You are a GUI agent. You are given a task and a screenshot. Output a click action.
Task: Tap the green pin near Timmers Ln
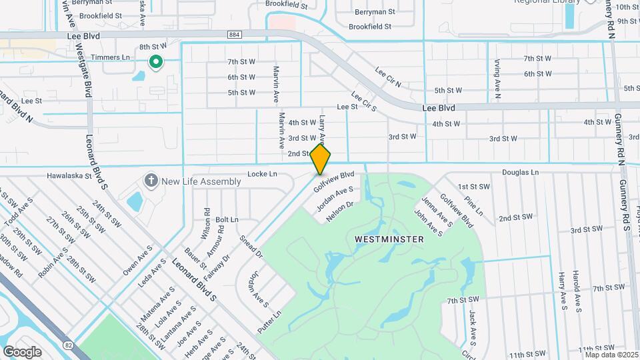click(155, 63)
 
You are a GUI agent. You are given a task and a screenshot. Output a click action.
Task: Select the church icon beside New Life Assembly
click(151, 181)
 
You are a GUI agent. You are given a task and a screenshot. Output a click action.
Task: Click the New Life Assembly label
click(201, 181)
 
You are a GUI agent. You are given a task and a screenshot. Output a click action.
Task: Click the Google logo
click(23, 351)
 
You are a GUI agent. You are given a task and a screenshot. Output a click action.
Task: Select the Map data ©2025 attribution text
click(612, 355)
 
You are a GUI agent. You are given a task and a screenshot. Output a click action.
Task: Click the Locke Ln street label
click(262, 174)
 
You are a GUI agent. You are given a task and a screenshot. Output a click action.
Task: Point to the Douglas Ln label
click(520, 172)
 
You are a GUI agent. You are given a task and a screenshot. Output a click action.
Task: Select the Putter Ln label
click(269, 321)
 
